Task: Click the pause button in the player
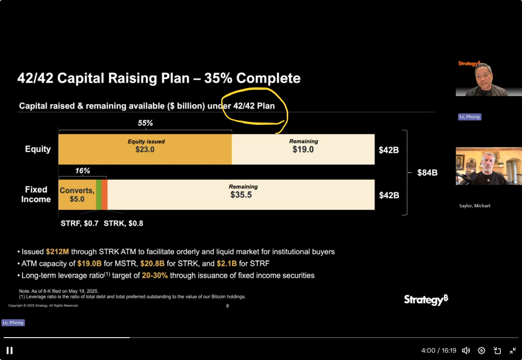coord(9,350)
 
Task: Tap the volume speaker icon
coord(466,350)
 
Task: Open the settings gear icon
coord(481,350)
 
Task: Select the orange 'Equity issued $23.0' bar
coord(145,149)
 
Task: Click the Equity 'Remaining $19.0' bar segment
coord(303,149)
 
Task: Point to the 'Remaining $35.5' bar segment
coord(241,195)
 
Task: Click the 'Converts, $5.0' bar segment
coord(77,195)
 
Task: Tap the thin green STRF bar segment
coord(99,195)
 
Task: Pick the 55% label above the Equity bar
coord(145,123)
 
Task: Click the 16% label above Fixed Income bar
coord(82,171)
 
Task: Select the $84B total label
coord(427,173)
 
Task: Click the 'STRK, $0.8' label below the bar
coord(123,223)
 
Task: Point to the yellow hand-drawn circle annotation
coord(255,106)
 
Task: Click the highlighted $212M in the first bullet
coord(57,252)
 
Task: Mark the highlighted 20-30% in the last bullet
coord(155,276)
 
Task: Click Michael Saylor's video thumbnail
coord(489,166)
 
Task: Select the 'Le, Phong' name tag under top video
coord(469,117)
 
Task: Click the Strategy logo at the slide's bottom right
coord(426,300)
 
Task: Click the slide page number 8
coord(228,306)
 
